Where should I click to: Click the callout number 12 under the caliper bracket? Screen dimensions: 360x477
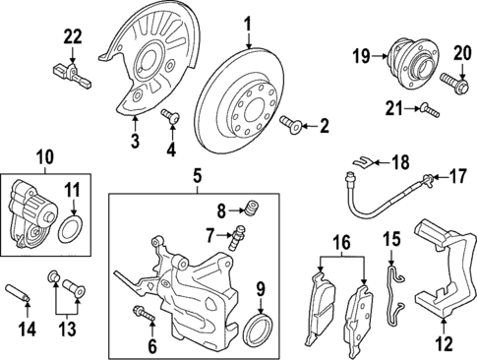446,343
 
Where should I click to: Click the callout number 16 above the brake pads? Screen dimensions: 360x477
341,240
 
